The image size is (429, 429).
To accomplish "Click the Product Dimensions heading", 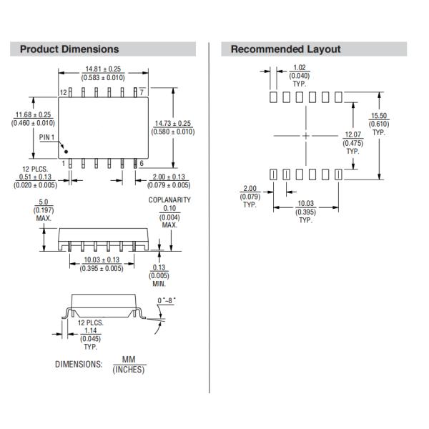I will tap(69, 49).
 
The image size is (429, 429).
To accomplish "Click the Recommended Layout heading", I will tap(285, 49).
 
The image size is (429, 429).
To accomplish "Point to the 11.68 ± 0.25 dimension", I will tap(34, 114).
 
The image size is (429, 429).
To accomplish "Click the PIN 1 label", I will tap(47, 137).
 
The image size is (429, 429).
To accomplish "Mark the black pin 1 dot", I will tap(66, 151).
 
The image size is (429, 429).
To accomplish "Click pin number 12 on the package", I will tap(63, 92).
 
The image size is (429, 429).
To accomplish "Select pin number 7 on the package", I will tap(142, 92).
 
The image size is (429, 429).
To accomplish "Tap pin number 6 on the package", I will tap(142, 164).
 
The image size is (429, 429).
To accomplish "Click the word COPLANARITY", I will tap(169, 200).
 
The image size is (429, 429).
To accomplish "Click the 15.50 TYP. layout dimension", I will tap(378, 116).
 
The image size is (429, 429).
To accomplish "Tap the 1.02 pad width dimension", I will tap(300, 68).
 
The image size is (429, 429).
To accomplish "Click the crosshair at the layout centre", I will tap(306, 135).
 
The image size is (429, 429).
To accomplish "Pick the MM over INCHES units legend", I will tap(128, 365).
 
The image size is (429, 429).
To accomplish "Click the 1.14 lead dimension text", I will tap(90, 330).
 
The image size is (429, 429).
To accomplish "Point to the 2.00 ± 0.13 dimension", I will tap(169, 177).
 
